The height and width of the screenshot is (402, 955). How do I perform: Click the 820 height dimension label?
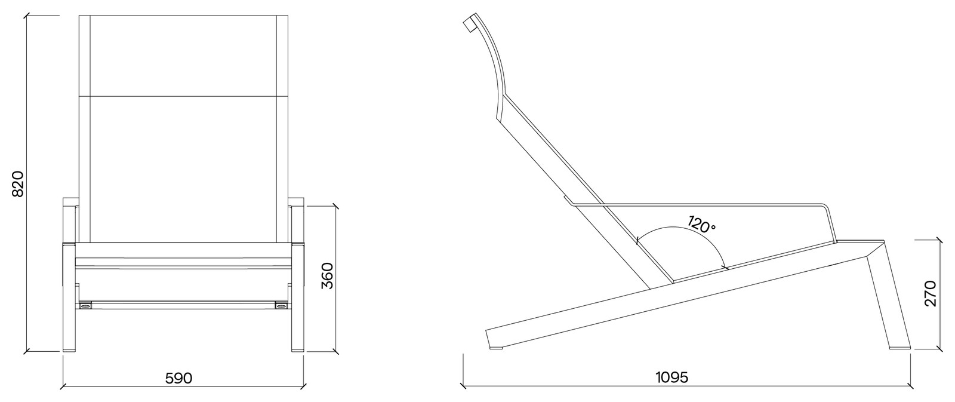point(17,184)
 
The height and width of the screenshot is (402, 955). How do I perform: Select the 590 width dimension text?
point(178,378)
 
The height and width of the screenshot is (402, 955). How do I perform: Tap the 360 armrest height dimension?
point(326,276)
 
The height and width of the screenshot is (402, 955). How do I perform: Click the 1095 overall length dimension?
point(672,378)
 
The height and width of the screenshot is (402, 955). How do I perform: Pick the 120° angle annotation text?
point(701,224)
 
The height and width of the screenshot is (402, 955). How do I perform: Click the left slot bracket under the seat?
point(85,305)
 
